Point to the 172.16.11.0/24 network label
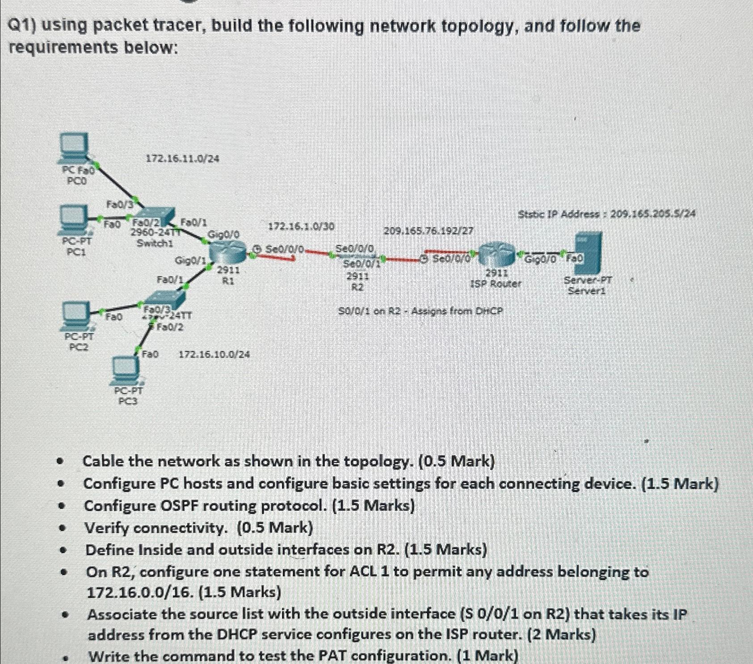click(x=182, y=159)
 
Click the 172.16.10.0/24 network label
click(x=214, y=355)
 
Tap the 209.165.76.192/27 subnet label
click(x=429, y=231)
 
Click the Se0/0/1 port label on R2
click(x=361, y=264)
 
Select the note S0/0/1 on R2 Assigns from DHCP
click(x=420, y=311)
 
